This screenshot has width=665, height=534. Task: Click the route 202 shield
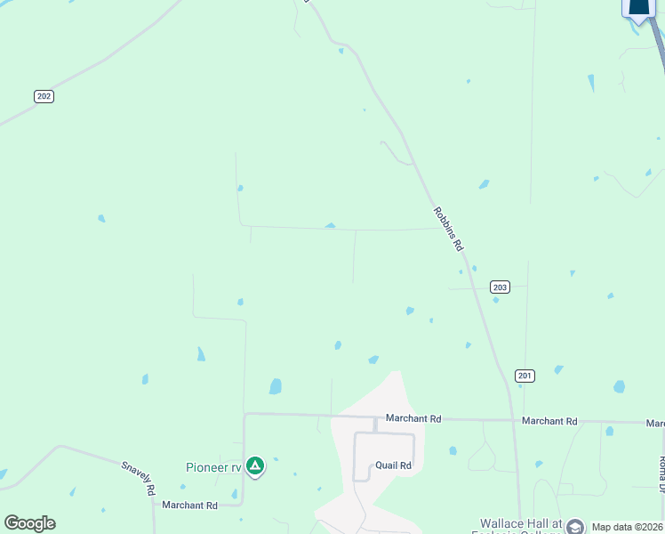coord(44,96)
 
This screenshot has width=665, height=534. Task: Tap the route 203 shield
coord(500,287)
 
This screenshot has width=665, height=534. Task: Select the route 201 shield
coord(525,376)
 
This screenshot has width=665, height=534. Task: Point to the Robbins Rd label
coord(448,229)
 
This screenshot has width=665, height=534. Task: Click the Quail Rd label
coord(393,465)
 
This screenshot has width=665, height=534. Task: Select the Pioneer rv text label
coord(213,467)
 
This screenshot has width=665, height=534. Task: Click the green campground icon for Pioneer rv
coord(255,465)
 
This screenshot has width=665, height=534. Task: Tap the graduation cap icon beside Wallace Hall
coord(574,527)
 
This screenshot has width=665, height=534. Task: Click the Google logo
coord(29,523)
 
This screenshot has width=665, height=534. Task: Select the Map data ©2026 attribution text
coord(628,527)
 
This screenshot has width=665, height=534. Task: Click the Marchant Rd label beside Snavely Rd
coord(189,506)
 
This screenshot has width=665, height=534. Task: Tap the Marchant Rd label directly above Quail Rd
coord(413,418)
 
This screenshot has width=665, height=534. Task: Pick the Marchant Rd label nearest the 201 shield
coord(549,421)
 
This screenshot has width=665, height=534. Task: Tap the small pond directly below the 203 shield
coord(496,300)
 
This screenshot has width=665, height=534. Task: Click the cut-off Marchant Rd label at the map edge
coord(655,424)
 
